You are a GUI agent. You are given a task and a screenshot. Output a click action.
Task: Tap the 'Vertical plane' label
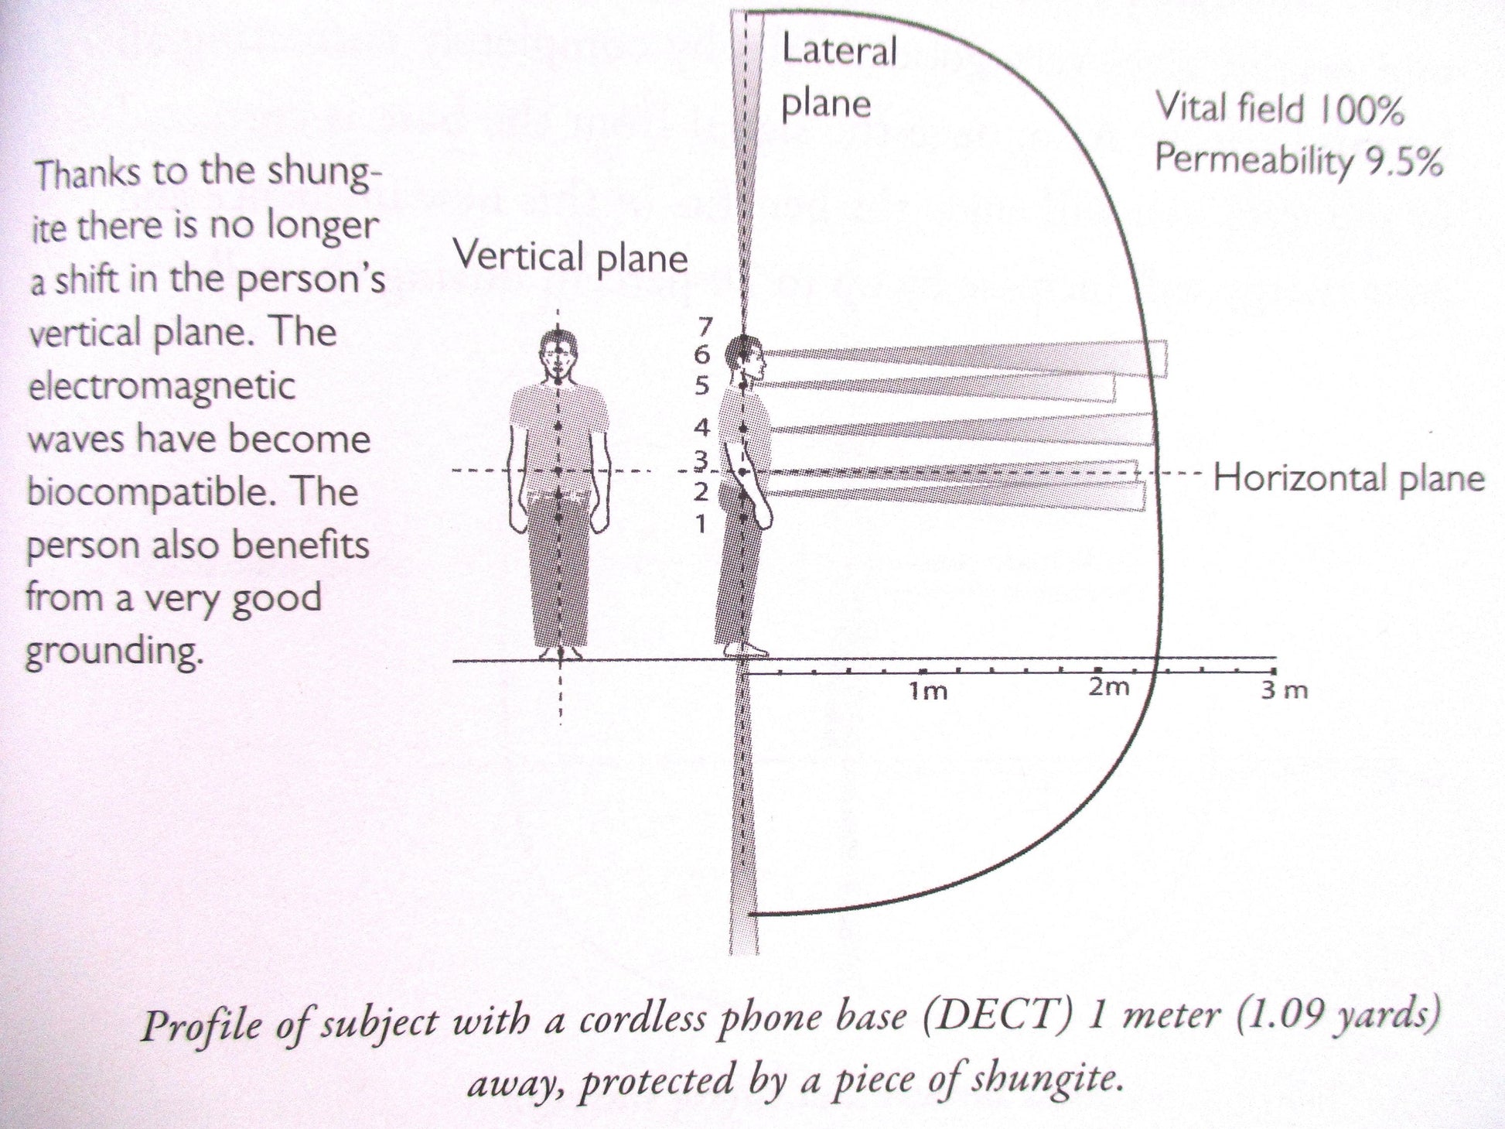click(x=570, y=256)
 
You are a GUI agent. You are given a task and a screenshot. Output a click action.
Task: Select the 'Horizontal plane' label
click(x=1349, y=478)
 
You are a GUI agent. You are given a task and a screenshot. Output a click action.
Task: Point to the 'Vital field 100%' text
click(x=1280, y=109)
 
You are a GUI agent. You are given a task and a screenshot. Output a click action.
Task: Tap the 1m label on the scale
click(x=928, y=690)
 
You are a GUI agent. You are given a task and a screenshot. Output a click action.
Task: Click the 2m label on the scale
click(x=1109, y=686)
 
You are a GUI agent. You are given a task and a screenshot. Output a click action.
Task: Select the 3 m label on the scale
click(x=1285, y=689)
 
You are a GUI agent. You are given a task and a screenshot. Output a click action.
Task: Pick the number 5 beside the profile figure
click(x=701, y=385)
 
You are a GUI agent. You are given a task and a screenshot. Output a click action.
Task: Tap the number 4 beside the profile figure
click(x=701, y=426)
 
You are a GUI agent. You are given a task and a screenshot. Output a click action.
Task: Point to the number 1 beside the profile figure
click(x=701, y=525)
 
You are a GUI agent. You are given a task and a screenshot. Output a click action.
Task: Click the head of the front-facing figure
click(x=558, y=356)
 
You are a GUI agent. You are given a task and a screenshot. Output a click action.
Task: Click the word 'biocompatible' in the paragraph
click(x=148, y=492)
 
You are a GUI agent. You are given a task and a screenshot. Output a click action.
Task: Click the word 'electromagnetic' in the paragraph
click(x=161, y=385)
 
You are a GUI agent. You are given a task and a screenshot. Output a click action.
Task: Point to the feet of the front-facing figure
click(x=560, y=652)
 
